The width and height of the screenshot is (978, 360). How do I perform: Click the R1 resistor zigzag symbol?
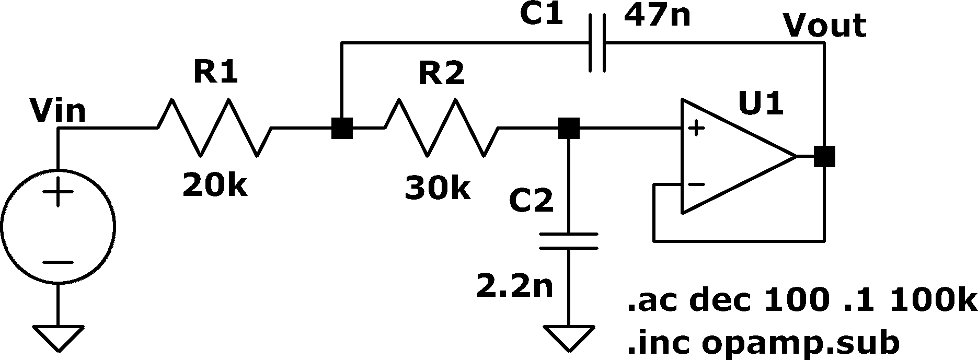214,127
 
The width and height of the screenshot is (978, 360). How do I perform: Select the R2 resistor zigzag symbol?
442,127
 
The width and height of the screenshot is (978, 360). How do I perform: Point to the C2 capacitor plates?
569,241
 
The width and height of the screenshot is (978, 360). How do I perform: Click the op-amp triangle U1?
738,156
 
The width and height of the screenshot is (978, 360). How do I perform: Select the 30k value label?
438,189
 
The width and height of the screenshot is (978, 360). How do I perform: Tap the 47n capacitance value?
657,16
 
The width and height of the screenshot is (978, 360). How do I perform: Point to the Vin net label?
57,111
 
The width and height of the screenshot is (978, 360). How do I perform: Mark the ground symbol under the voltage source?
57,338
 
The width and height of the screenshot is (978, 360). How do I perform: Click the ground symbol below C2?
569,338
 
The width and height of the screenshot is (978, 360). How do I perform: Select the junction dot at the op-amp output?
825,156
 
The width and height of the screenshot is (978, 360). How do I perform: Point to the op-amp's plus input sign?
696,127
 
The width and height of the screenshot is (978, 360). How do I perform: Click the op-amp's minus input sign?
696,184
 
